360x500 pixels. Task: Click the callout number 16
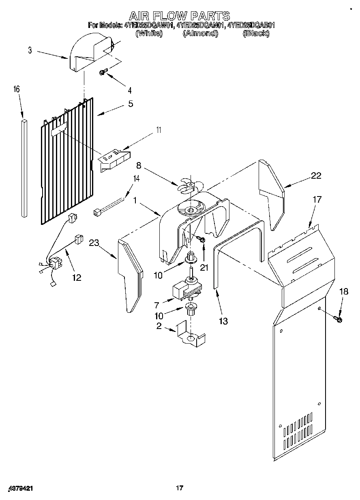pos(17,89)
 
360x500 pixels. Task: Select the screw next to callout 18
pos(339,320)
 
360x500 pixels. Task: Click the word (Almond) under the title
pos(200,33)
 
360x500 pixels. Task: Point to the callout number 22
pos(316,175)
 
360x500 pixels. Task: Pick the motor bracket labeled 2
pos(191,334)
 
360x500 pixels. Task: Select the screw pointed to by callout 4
pos(103,73)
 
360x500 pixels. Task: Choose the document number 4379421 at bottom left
pos(20,489)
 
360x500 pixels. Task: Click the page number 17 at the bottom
pos(180,488)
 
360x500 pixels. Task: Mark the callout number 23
pos(94,243)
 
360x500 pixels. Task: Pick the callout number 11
pos(159,130)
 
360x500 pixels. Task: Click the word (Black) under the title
pos(256,33)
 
